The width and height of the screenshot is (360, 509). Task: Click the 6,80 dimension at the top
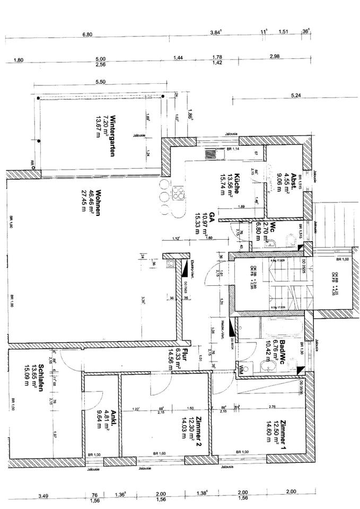point(87,34)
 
